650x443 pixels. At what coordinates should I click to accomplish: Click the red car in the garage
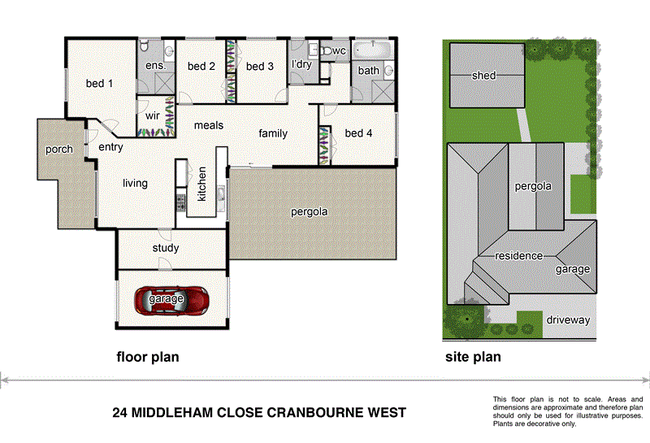(172, 300)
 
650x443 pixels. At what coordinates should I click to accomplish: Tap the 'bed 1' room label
(100, 83)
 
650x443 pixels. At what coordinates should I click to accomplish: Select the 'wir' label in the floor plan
(152, 116)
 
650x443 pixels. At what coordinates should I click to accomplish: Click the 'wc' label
(340, 51)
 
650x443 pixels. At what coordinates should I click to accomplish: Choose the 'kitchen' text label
(201, 185)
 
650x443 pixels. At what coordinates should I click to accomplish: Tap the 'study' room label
(165, 248)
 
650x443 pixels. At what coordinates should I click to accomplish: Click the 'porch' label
(58, 150)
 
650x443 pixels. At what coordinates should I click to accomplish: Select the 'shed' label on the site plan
(483, 76)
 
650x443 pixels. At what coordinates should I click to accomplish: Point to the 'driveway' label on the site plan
(568, 319)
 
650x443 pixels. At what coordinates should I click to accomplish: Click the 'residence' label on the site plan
(518, 256)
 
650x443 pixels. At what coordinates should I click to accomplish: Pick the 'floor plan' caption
(148, 357)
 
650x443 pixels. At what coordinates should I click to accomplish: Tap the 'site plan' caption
(473, 357)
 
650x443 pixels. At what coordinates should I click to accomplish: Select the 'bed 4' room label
(358, 133)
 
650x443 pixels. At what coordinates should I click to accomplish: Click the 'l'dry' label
(302, 64)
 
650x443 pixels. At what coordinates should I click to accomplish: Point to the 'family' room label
(273, 133)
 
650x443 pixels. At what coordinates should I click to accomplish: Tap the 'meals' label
(208, 126)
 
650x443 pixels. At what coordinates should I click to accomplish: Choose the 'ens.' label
(155, 65)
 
